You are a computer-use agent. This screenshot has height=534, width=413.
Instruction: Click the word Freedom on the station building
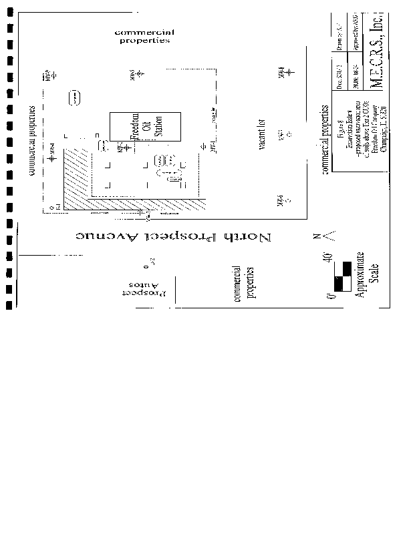click(134, 124)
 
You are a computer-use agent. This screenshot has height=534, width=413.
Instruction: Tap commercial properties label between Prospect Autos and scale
click(243, 282)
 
